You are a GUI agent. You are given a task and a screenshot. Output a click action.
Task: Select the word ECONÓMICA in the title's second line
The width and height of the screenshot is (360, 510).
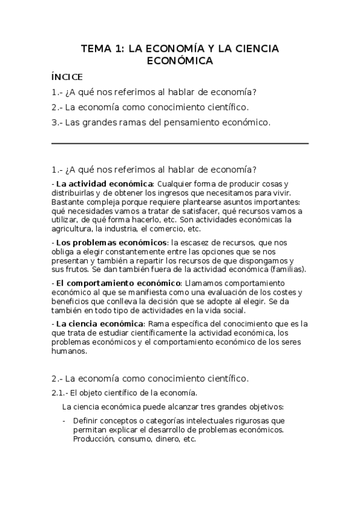pos(180,61)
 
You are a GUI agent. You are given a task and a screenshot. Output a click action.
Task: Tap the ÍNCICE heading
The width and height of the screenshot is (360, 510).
pos(67,77)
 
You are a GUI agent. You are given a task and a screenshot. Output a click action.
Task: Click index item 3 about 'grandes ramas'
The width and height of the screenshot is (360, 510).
pos(162,123)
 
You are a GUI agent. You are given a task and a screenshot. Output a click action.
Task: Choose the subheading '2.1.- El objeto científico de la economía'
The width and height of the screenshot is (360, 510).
pos(124,393)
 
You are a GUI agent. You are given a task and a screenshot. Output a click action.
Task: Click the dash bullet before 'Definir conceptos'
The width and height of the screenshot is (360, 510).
pos(64,421)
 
